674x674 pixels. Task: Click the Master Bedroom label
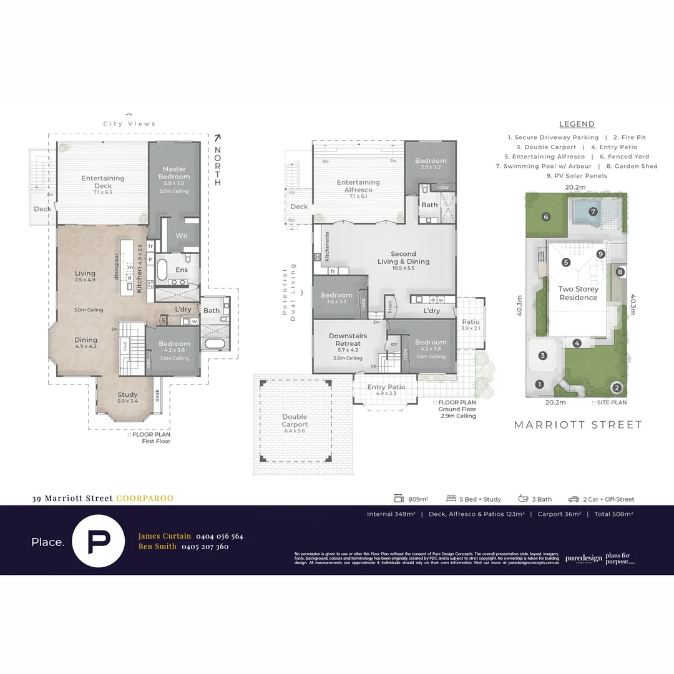point(174,173)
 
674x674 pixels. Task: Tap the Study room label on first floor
point(128,394)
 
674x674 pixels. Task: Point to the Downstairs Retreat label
point(348,340)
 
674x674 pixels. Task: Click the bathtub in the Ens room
point(161,270)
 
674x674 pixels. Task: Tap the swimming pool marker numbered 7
point(593,212)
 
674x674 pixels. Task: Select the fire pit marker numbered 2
point(617,388)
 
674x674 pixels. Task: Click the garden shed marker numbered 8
point(620,272)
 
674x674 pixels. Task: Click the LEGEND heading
point(577,124)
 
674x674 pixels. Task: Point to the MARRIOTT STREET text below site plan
point(578,425)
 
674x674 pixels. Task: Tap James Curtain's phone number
point(220,536)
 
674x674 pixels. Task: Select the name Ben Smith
point(157,547)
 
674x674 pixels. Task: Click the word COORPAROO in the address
point(145,499)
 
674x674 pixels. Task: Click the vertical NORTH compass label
point(218,165)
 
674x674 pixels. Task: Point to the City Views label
point(129,124)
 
